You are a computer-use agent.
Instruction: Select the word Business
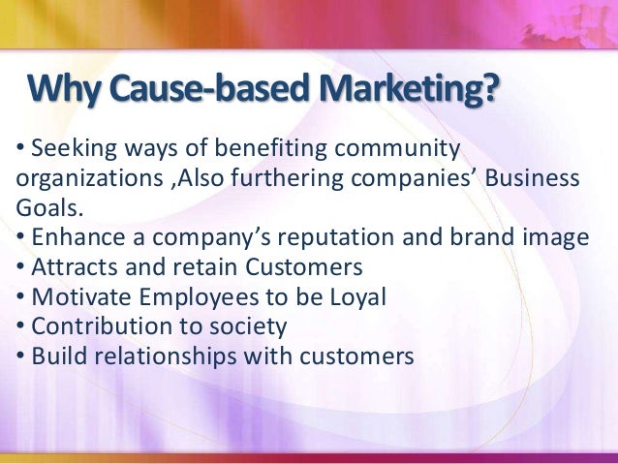click(535, 180)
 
